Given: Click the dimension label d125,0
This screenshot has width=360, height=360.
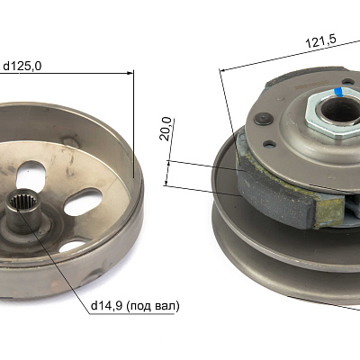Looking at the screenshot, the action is (22, 67).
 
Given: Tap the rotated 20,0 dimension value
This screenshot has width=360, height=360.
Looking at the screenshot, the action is (166, 129).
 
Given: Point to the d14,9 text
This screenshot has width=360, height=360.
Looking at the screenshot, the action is (106, 306).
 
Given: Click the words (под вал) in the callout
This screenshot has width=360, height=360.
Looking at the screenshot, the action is (153, 306).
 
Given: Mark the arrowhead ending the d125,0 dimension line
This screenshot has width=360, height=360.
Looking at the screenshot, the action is (130, 73).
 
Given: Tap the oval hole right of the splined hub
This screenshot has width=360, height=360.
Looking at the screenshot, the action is (83, 202).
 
